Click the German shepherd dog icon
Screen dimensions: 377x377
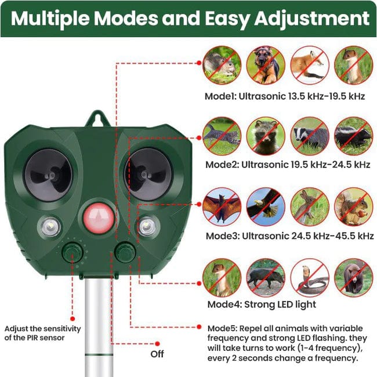[266, 64]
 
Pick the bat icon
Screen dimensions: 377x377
[222, 206]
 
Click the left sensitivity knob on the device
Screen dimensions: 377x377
[73, 253]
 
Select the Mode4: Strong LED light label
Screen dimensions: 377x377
[262, 304]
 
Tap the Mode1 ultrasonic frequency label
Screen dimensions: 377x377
[284, 96]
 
